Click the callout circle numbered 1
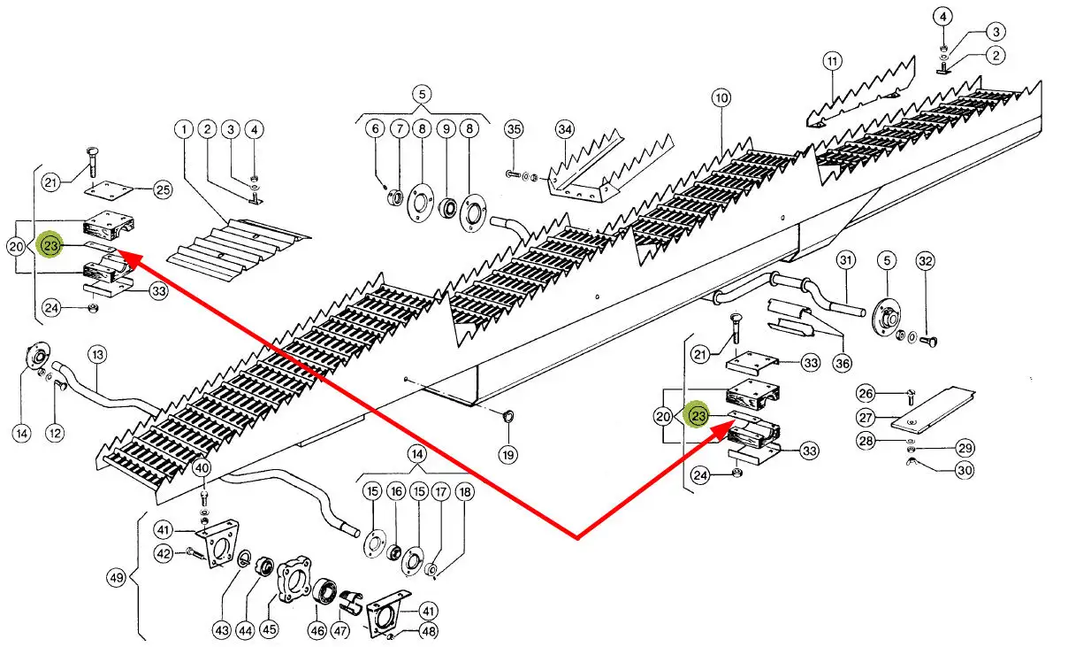pos(183,131)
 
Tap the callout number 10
pos(721,98)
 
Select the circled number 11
pos(831,62)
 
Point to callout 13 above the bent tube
pos(97,355)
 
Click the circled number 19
pos(507,455)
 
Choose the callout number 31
pos(846,261)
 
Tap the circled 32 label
pos(925,261)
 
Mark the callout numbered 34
pos(565,129)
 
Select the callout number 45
pos(268,630)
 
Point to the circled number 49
pos(117,579)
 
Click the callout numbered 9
pos(446,129)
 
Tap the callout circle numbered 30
pos(964,471)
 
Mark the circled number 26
pos(867,393)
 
